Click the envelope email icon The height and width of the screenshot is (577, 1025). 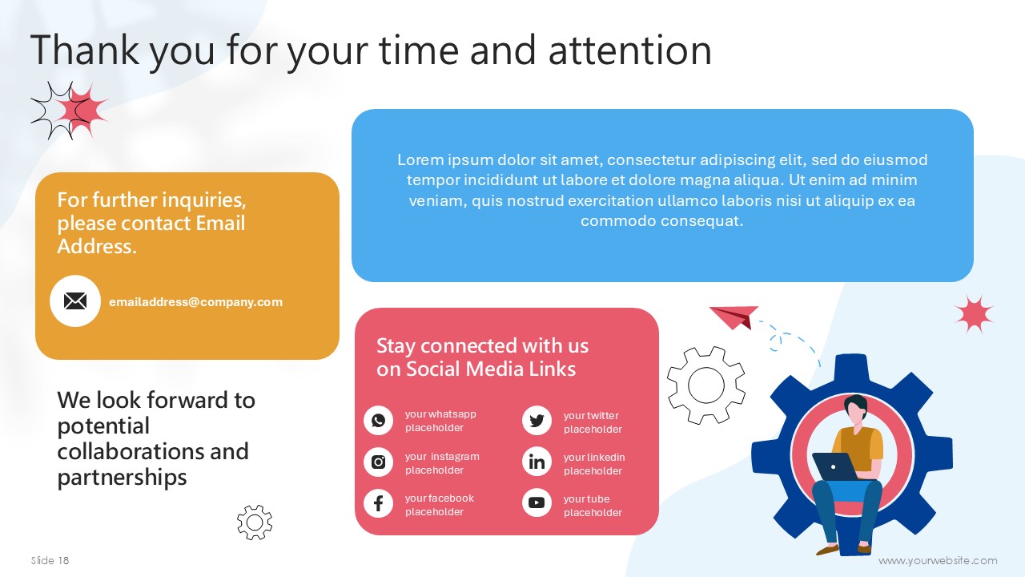75,301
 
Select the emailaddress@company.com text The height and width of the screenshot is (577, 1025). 196,302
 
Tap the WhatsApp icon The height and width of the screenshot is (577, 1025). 379,421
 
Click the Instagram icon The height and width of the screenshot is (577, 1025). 379,462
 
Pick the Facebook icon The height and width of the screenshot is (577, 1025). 379,503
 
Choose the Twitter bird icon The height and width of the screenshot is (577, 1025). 537,421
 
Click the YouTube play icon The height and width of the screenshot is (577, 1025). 537,502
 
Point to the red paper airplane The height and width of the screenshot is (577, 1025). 734,317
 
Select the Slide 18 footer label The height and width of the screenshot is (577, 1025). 50,560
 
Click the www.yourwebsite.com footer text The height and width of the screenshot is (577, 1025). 938,560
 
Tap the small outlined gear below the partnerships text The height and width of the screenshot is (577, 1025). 255,522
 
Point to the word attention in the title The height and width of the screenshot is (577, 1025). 629,50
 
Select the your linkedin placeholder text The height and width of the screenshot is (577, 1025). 594,464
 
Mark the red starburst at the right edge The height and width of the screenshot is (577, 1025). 974,314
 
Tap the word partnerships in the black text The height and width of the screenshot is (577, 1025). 123,478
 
